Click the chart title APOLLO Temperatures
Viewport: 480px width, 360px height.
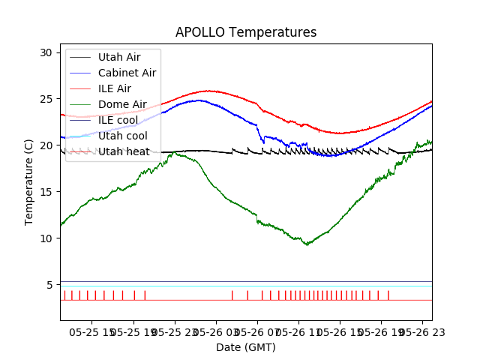pyautogui.click(x=246, y=32)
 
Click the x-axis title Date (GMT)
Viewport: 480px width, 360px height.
pyautogui.click(x=246, y=347)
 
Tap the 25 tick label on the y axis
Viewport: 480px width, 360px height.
pyautogui.click(x=46, y=99)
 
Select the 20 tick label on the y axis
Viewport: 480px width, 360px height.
pyautogui.click(x=46, y=145)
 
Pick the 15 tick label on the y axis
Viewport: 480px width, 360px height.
pyautogui.click(x=46, y=192)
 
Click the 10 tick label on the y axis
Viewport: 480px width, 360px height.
pyautogui.click(x=46, y=238)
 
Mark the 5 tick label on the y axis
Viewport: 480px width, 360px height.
pyautogui.click(x=49, y=285)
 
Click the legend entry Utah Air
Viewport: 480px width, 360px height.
pyautogui.click(x=118, y=57)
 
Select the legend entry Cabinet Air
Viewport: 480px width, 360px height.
pyautogui.click(x=127, y=73)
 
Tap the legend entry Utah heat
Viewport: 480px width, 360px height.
pyautogui.click(x=124, y=151)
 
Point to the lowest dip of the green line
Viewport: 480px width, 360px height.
pyautogui.click(x=306, y=244)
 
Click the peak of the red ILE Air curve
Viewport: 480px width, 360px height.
pyautogui.click(x=209, y=91)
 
